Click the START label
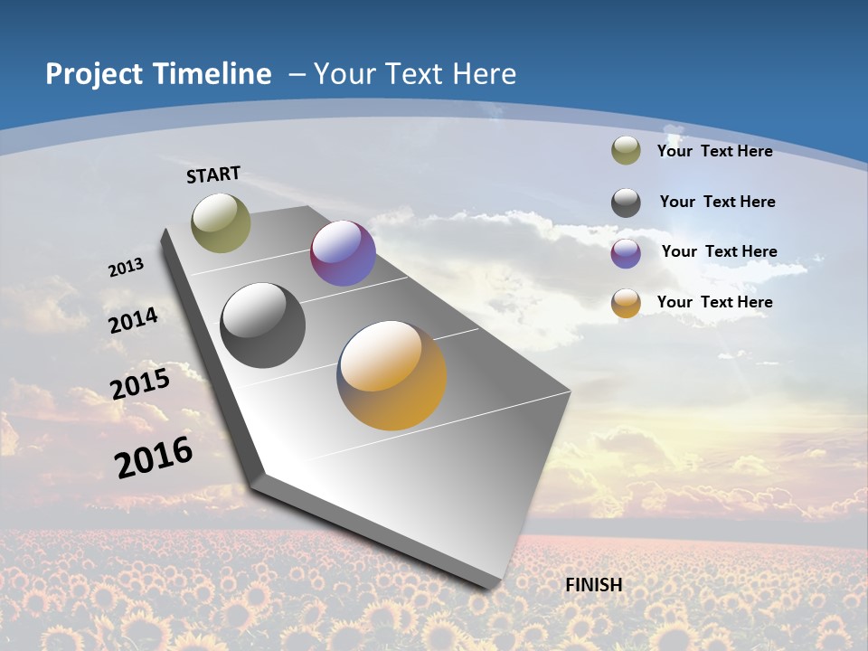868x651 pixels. coord(213,175)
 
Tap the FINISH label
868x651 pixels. coord(593,585)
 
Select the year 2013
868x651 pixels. coord(126,268)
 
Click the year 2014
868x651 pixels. coord(133,320)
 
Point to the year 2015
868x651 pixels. coord(139,383)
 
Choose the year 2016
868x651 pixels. coord(154,458)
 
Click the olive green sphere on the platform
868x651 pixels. coord(221,222)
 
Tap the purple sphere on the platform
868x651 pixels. coord(343,253)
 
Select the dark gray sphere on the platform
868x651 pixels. coord(263,325)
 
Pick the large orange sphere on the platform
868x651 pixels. coord(392,375)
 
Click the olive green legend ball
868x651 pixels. coord(626,151)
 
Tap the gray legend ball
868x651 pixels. coord(626,203)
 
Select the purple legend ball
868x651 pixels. coord(626,253)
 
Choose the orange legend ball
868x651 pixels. coord(626,303)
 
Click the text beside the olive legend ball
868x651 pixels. coord(714,151)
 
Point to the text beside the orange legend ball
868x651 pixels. coord(714,302)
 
